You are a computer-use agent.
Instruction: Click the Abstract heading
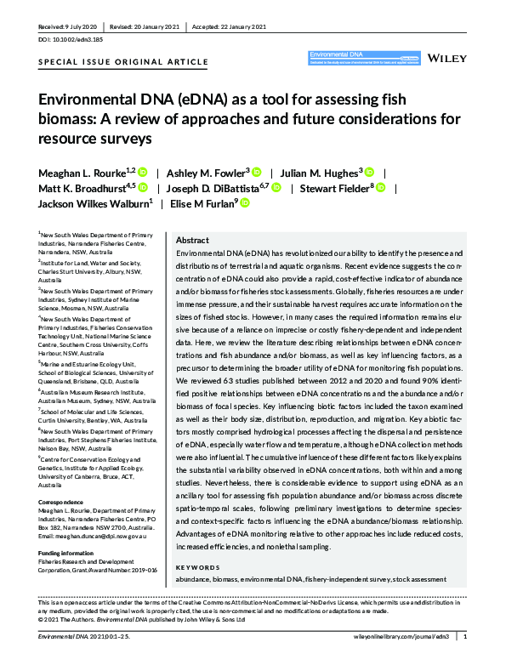pos(192,241)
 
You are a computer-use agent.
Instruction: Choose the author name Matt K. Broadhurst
pos(83,188)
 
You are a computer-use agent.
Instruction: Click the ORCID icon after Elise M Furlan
pos(244,203)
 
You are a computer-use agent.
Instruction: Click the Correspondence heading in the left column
pos(61,479)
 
